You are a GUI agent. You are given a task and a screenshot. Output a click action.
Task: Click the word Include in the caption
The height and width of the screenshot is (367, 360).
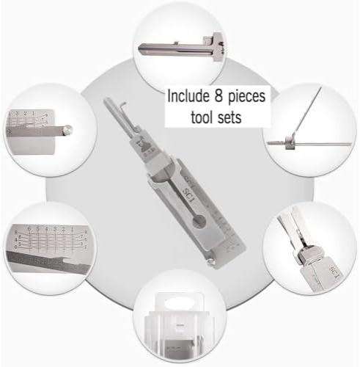189,96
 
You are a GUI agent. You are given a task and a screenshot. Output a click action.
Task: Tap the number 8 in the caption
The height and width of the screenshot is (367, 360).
218,96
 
